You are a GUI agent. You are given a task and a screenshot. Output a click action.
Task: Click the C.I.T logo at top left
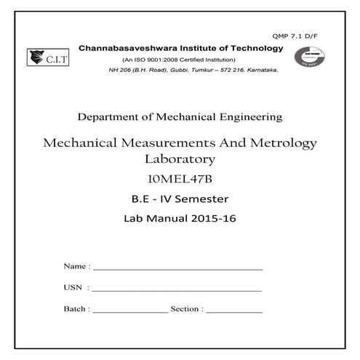coord(44,57)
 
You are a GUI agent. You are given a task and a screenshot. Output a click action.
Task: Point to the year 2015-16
coord(215,217)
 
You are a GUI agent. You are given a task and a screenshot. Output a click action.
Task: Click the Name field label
coord(76,267)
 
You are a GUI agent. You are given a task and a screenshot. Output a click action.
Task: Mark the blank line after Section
coord(234,311)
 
